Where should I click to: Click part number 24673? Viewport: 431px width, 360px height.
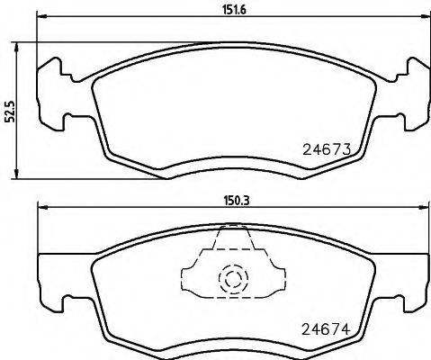322,151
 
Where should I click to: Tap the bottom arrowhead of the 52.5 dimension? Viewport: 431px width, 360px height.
18,174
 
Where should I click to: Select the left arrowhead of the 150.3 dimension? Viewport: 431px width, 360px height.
40,211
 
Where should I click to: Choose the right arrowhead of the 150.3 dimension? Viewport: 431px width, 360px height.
422,211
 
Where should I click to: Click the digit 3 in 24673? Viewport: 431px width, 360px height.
345,151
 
